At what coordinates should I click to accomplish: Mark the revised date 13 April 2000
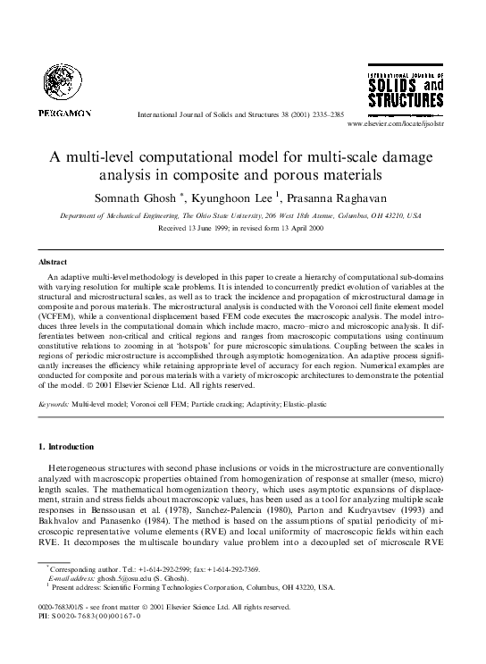[x=299, y=204]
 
